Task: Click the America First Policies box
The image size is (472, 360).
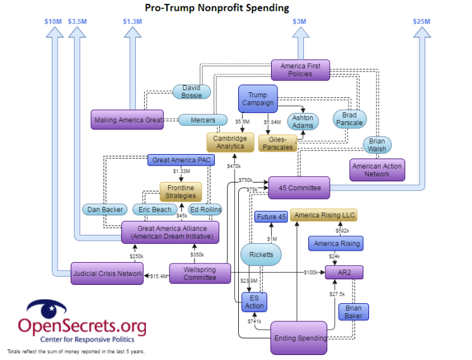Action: point(300,69)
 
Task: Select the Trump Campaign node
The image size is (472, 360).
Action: point(257,99)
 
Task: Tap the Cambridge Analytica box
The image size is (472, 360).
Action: point(229,142)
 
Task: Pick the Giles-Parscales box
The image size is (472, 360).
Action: point(281,143)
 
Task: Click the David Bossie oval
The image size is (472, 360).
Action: point(191,92)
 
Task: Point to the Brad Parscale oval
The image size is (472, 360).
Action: point(349,119)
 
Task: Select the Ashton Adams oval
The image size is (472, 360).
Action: point(303,121)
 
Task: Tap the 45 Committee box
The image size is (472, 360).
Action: point(300,188)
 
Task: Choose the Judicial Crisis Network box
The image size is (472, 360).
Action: point(107,273)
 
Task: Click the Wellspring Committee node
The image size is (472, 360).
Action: point(200,273)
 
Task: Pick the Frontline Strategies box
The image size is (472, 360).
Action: point(181,191)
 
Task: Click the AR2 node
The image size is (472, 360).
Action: point(344,273)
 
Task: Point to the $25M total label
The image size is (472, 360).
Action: point(421,21)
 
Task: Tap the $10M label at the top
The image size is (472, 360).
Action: point(53,21)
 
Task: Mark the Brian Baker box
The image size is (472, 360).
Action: point(353,311)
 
